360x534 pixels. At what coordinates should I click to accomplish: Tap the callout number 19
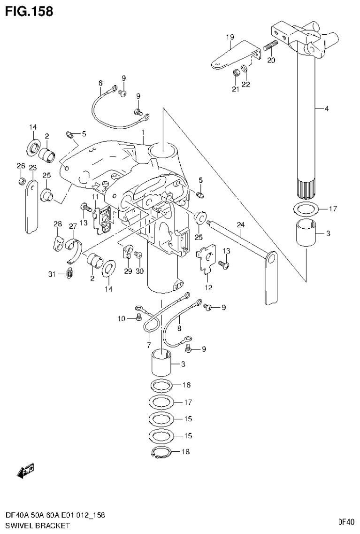(230, 37)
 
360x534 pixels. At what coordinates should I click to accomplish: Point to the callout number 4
(326, 108)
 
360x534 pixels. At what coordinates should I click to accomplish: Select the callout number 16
(186, 385)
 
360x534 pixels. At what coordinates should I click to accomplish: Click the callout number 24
(241, 225)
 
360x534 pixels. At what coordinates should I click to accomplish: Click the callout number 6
(100, 83)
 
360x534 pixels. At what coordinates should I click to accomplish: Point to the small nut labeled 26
(21, 181)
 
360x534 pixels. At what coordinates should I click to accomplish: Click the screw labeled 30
(138, 254)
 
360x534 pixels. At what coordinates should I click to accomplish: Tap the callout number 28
(57, 224)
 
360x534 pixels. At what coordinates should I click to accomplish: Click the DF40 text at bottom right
(345, 521)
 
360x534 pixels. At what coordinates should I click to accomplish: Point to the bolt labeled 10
(138, 318)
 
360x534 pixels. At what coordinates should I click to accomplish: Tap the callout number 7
(148, 345)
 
